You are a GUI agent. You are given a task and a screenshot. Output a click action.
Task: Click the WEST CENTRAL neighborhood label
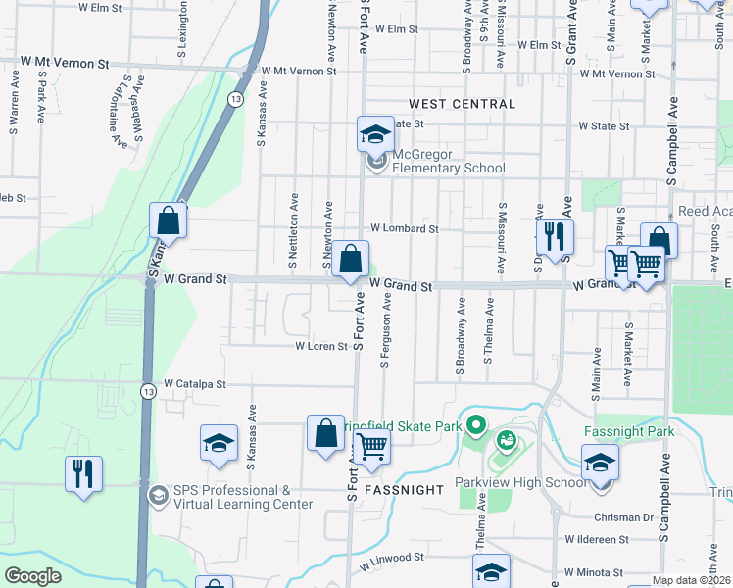pos(462,104)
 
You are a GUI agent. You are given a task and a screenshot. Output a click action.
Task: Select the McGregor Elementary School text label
pos(449,161)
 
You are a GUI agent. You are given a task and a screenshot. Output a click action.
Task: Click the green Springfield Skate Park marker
pos(476,425)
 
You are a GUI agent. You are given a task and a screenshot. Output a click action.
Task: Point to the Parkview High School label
pos(507,483)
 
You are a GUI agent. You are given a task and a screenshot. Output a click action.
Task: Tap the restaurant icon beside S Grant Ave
pos(554,235)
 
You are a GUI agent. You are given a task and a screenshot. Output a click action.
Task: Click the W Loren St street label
pos(322,346)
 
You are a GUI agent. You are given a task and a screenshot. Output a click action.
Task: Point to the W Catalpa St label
pos(195,384)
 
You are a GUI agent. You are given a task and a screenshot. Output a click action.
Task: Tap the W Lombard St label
pos(403,228)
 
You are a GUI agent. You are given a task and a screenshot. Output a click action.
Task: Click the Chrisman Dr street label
pos(623,516)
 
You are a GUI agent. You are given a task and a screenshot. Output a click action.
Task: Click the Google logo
pos(33,575)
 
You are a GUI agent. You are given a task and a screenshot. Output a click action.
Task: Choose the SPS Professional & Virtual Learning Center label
pos(232,497)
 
